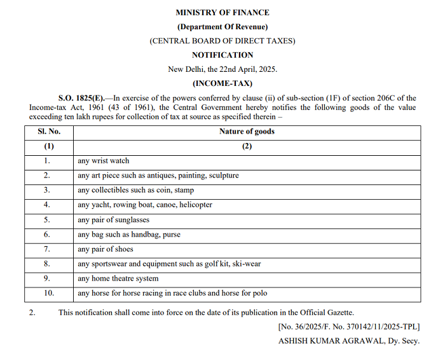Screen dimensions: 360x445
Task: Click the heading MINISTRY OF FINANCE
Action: pos(222,12)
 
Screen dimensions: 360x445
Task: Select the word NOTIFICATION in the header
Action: pos(222,55)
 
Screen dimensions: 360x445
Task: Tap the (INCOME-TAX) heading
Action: pos(222,83)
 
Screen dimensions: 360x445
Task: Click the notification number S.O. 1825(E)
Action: pos(81,98)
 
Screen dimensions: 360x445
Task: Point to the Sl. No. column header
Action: pos(49,132)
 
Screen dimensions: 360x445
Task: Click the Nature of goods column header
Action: pos(247,132)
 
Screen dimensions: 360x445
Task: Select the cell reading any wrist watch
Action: pos(104,161)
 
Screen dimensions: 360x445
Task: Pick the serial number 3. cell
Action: pos(48,190)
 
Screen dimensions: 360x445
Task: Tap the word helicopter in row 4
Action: pos(193,205)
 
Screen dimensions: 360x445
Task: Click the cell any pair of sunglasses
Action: pos(114,219)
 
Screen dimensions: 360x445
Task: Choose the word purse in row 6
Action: pos(171,235)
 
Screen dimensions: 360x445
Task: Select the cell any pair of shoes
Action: pos(106,249)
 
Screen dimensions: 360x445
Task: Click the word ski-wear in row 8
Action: pos(246,264)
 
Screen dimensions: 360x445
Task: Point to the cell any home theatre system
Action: pos(118,279)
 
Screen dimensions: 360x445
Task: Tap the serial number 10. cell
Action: pos(49,293)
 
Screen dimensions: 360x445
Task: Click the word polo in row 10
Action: pos(259,293)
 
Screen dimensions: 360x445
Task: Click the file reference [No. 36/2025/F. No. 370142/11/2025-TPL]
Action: pos(350,326)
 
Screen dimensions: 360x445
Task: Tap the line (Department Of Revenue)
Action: pos(222,27)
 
